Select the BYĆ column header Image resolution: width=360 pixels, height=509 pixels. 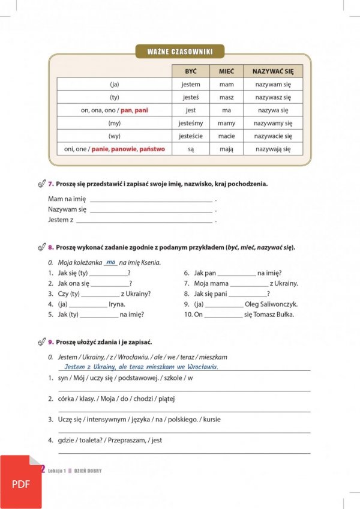191,71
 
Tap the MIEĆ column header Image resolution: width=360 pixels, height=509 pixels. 226,71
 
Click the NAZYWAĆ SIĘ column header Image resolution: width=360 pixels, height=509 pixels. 272,71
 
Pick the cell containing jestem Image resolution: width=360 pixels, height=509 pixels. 191,85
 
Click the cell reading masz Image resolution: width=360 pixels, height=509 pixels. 226,97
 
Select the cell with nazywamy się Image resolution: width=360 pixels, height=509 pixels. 272,123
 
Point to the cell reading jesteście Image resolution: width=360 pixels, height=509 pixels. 191,136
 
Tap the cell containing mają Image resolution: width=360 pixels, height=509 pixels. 226,149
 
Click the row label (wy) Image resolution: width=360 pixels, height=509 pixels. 114,136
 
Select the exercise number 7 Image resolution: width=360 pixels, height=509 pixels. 51,184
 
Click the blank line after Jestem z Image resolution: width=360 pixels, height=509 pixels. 144,221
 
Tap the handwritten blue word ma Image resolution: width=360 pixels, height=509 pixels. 110,262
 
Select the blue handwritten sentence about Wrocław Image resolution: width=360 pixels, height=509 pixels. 141,367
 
